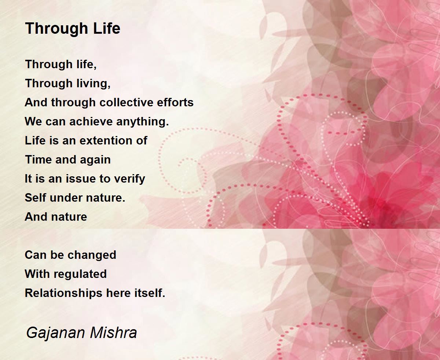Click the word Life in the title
point(107,28)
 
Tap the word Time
point(38,159)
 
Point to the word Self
point(35,198)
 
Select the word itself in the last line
point(150,293)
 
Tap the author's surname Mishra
point(114,333)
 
